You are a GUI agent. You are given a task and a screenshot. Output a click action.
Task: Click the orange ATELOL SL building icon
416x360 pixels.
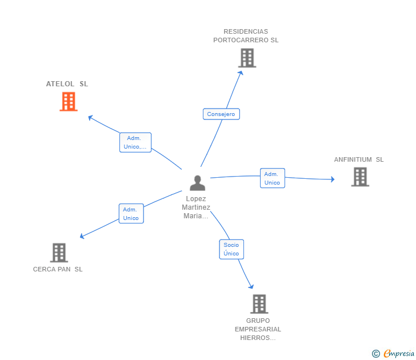point(69,101)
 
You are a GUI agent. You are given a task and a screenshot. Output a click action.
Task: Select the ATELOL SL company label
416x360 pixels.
point(67,84)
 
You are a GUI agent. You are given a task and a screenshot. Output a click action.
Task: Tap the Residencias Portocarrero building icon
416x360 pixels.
point(247,58)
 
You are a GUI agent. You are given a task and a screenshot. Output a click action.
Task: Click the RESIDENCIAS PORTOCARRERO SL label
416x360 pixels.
point(246,36)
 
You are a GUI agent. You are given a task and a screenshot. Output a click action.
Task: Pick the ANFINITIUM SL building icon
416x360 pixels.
point(360,177)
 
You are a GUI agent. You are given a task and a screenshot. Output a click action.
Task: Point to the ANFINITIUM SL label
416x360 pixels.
point(359,159)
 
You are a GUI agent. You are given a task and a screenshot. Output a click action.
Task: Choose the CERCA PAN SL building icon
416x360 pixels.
point(59,253)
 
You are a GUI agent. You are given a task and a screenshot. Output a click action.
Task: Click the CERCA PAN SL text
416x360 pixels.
point(58,269)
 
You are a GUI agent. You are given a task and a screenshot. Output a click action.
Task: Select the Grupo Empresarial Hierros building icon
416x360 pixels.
point(259,304)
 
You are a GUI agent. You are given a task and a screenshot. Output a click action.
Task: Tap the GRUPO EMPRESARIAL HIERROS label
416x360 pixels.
point(258,329)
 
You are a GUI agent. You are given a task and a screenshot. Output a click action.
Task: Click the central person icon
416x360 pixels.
point(197,183)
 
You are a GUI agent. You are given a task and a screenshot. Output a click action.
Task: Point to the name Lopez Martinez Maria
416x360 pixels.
point(196,207)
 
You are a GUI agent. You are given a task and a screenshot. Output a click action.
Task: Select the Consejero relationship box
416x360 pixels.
point(221,114)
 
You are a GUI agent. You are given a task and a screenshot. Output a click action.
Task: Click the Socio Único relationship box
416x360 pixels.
point(231,249)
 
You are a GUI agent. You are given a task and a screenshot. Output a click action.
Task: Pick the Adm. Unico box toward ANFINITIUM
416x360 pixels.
point(273,178)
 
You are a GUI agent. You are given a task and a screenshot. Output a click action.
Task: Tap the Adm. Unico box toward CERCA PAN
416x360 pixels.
point(131,214)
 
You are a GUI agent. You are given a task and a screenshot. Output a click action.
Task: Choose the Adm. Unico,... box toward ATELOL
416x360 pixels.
point(135,142)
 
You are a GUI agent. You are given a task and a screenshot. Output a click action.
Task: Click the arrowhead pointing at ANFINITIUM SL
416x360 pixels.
point(333,179)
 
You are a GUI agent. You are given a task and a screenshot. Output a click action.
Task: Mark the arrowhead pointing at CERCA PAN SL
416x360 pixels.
point(82,236)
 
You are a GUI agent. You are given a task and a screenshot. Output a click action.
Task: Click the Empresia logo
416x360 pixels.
point(393,353)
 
